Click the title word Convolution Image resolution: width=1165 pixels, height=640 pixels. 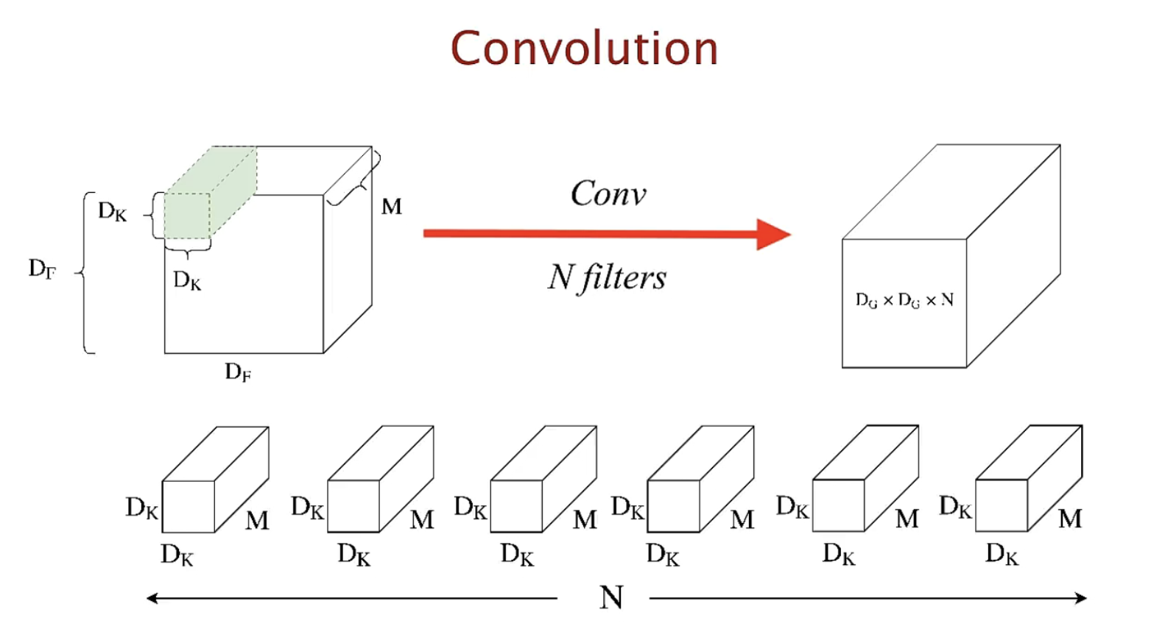[x=584, y=49]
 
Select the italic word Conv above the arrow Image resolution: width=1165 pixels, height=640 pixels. [x=608, y=193]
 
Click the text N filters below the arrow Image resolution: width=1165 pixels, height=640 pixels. [x=607, y=277]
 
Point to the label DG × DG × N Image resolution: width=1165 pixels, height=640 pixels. [x=904, y=300]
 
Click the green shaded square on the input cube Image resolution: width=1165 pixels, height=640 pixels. [x=187, y=216]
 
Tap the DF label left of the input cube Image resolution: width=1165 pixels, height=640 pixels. [x=42, y=269]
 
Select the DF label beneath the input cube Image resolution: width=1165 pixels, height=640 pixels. [x=238, y=371]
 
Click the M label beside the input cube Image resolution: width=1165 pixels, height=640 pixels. [x=392, y=207]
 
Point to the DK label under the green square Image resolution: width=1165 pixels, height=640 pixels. [x=187, y=280]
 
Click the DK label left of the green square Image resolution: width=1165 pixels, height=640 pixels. [x=112, y=212]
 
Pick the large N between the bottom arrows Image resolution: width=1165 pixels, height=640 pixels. [x=611, y=597]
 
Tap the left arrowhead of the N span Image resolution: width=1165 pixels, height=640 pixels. [x=152, y=598]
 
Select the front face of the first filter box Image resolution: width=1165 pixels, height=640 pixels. [x=188, y=506]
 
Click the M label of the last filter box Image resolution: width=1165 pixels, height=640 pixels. [x=1070, y=519]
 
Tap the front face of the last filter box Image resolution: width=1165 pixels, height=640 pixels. [x=1001, y=505]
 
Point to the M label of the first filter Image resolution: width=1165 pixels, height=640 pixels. [x=257, y=520]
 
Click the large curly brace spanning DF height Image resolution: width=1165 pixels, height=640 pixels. [x=85, y=273]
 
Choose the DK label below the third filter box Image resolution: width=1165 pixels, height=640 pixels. [x=517, y=554]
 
